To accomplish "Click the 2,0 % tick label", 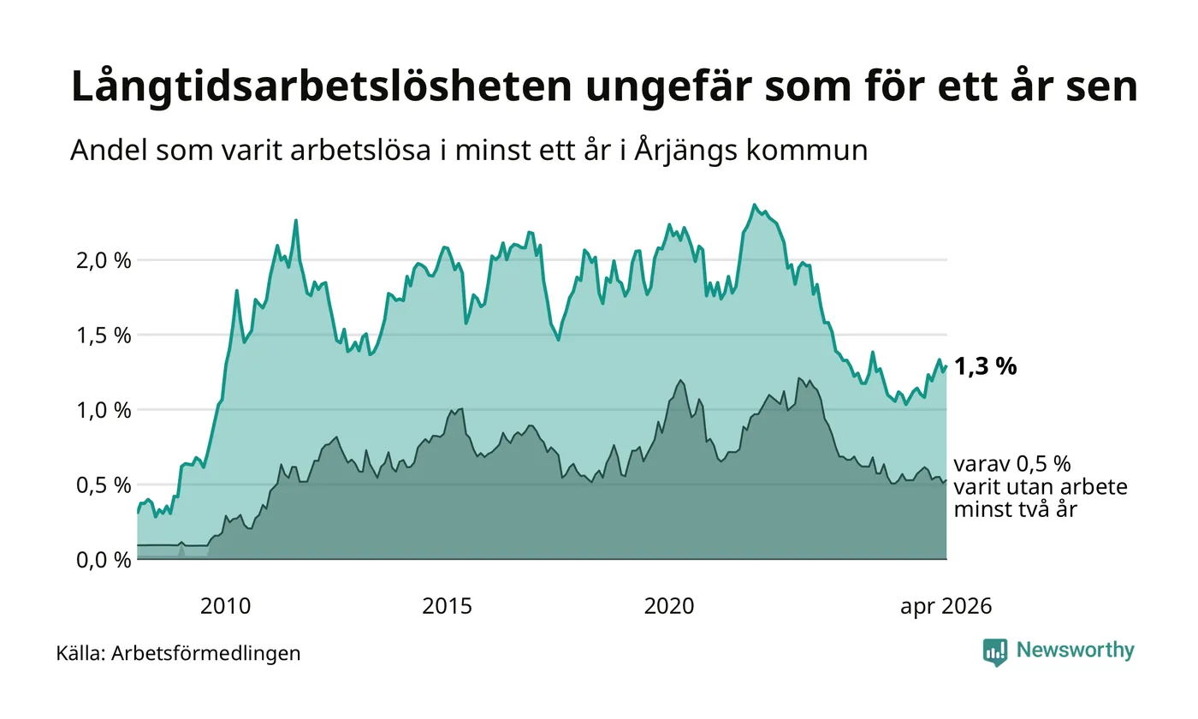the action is pyautogui.click(x=104, y=261).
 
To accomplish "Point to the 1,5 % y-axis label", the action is pyautogui.click(x=104, y=336).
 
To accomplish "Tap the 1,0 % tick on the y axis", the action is pyautogui.click(x=104, y=411).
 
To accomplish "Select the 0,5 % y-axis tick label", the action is pyautogui.click(x=104, y=486).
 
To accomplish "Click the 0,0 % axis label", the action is pyautogui.click(x=104, y=561).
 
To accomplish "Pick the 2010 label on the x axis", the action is pyautogui.click(x=225, y=607).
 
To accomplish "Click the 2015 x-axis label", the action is pyautogui.click(x=447, y=607).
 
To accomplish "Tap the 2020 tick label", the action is pyautogui.click(x=669, y=607).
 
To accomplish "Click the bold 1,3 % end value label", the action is pyautogui.click(x=985, y=367).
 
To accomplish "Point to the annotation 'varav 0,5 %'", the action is pyautogui.click(x=1011, y=464).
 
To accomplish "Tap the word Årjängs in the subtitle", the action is pyautogui.click(x=686, y=152).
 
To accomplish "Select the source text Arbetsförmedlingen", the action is pyautogui.click(x=206, y=654).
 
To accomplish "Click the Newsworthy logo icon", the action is pyautogui.click(x=994, y=652).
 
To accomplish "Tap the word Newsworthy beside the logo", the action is pyautogui.click(x=1075, y=651).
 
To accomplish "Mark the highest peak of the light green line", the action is pyautogui.click(x=755, y=205).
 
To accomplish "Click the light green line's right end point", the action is pyautogui.click(x=946, y=366).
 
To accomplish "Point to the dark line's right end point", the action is pyautogui.click(x=946, y=480).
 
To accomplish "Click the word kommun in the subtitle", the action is pyautogui.click(x=807, y=151).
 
